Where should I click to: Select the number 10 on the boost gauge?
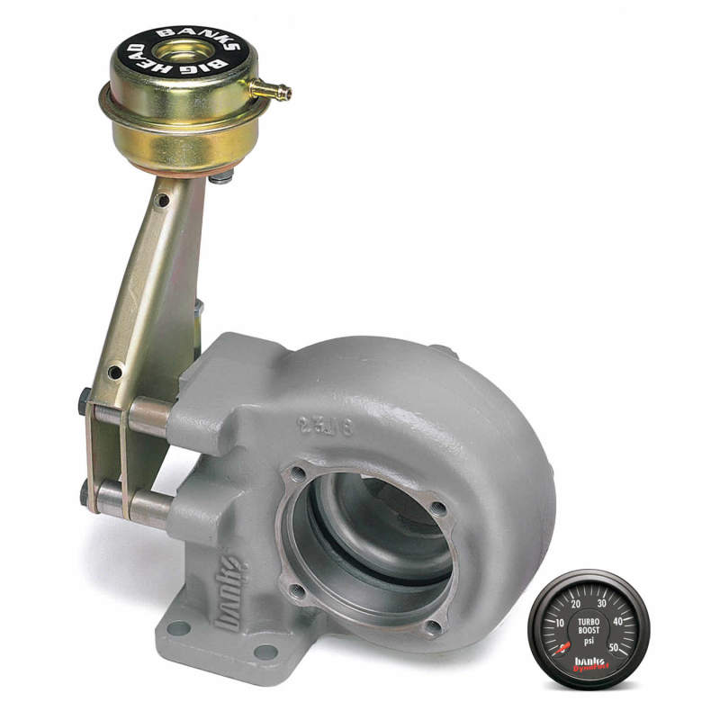(560, 623)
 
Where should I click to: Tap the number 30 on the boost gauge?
(602, 603)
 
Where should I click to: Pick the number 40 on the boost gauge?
(618, 620)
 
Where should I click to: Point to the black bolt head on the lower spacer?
(85, 491)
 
